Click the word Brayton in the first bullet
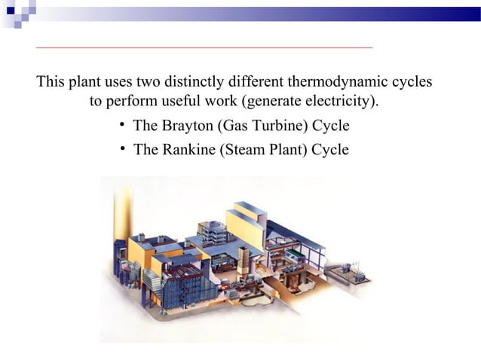point(186,125)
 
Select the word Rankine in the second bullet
point(188,149)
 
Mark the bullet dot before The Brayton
point(121,124)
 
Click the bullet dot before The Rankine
point(121,148)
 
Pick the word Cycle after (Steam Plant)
point(330,149)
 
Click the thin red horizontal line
point(204,47)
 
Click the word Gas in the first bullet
point(231,125)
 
